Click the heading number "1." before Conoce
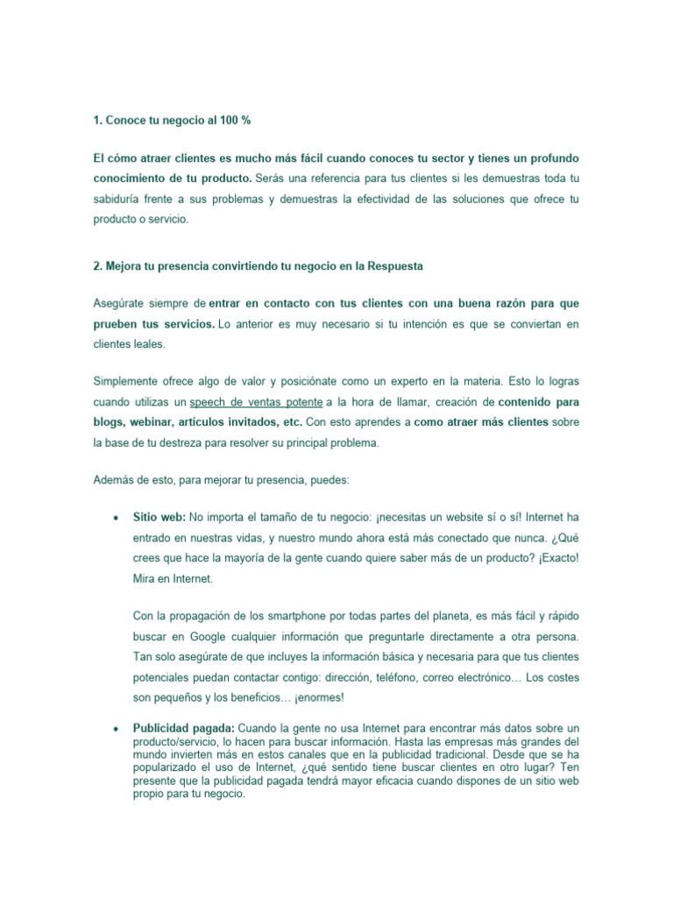coord(98,118)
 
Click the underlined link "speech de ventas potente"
coord(255,402)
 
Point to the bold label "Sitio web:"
coord(159,517)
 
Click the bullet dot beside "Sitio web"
coord(116,518)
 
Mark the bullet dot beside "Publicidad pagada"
coord(116,729)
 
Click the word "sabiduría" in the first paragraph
coord(121,200)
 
